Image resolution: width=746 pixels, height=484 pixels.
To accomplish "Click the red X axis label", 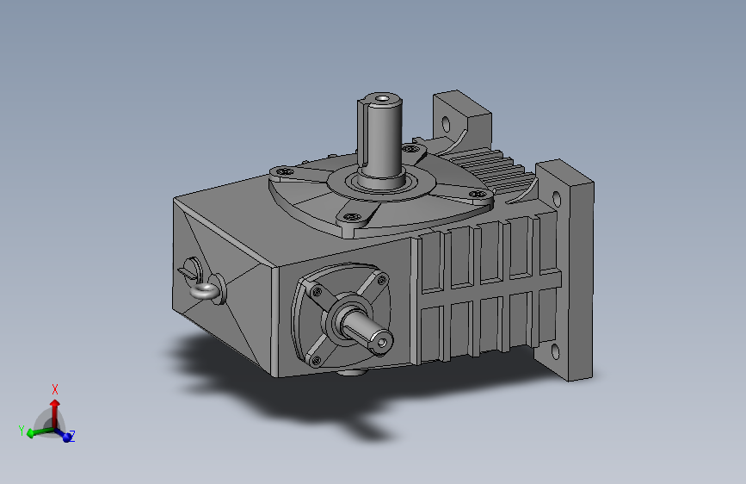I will tap(55, 388).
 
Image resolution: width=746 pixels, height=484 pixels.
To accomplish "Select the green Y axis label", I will tap(20, 428).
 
